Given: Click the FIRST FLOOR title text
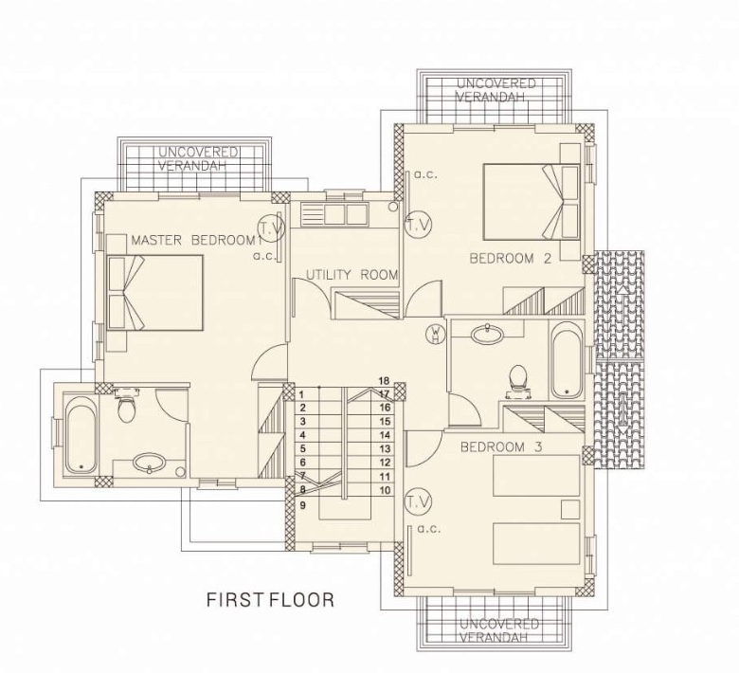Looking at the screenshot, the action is (271, 600).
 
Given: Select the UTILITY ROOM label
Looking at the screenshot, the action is (352, 275).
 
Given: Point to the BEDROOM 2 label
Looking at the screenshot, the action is (511, 259).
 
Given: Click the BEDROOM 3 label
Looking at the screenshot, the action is (501, 446).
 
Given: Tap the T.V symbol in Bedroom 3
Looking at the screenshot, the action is (419, 502).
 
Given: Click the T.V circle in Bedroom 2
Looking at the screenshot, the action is (419, 225).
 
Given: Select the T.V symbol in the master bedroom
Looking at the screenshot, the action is (272, 228).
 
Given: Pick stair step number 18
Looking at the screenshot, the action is (384, 381).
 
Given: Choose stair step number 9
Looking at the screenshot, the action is (302, 505).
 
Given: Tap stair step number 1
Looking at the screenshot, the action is (302, 394).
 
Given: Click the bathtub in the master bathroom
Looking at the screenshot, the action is (81, 435).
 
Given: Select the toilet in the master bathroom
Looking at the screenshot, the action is (126, 406).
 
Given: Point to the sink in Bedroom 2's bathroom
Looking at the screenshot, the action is (487, 334).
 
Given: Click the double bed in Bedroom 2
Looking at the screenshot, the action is (532, 202).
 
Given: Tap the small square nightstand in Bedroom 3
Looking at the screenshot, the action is (569, 509).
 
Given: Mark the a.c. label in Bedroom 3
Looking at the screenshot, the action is (428, 529).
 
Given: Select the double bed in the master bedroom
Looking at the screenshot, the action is (155, 292).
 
